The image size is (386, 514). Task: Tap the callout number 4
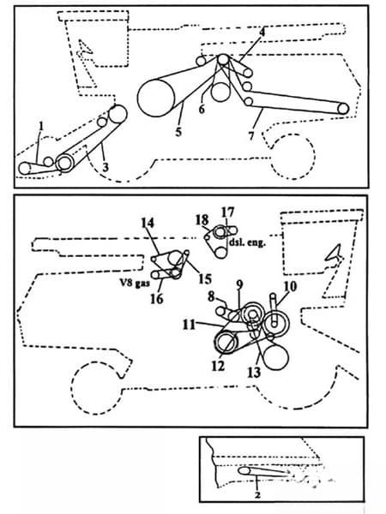pyautogui.click(x=262, y=32)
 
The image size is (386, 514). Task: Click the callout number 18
pyautogui.click(x=202, y=219)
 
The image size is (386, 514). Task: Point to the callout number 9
pyautogui.click(x=240, y=284)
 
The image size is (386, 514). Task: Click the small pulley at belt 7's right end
pyautogui.click(x=343, y=108)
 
